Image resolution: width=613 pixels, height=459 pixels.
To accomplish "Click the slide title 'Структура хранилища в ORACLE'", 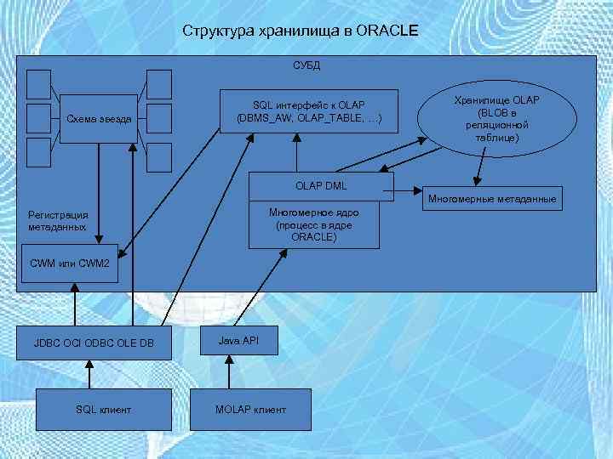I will [x=300, y=31].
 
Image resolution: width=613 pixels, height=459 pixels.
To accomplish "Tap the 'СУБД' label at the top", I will [x=306, y=65].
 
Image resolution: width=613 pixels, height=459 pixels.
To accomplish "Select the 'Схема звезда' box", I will [x=99, y=118].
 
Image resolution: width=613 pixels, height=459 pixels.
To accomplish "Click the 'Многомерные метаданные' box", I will [x=493, y=199].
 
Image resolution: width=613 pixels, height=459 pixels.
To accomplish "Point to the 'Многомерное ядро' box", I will [x=314, y=224].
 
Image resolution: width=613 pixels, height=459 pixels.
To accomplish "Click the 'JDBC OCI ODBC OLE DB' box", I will [x=94, y=343].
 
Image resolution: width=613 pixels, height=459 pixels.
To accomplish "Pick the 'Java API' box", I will [x=238, y=340].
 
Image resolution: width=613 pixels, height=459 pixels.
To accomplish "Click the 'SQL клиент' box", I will [x=103, y=410].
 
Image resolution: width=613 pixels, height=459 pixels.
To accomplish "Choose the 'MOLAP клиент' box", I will [x=250, y=410].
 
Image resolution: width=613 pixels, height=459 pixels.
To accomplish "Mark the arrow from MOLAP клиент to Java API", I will [x=228, y=371].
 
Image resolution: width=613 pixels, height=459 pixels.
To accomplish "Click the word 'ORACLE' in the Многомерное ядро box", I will [x=313, y=237].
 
